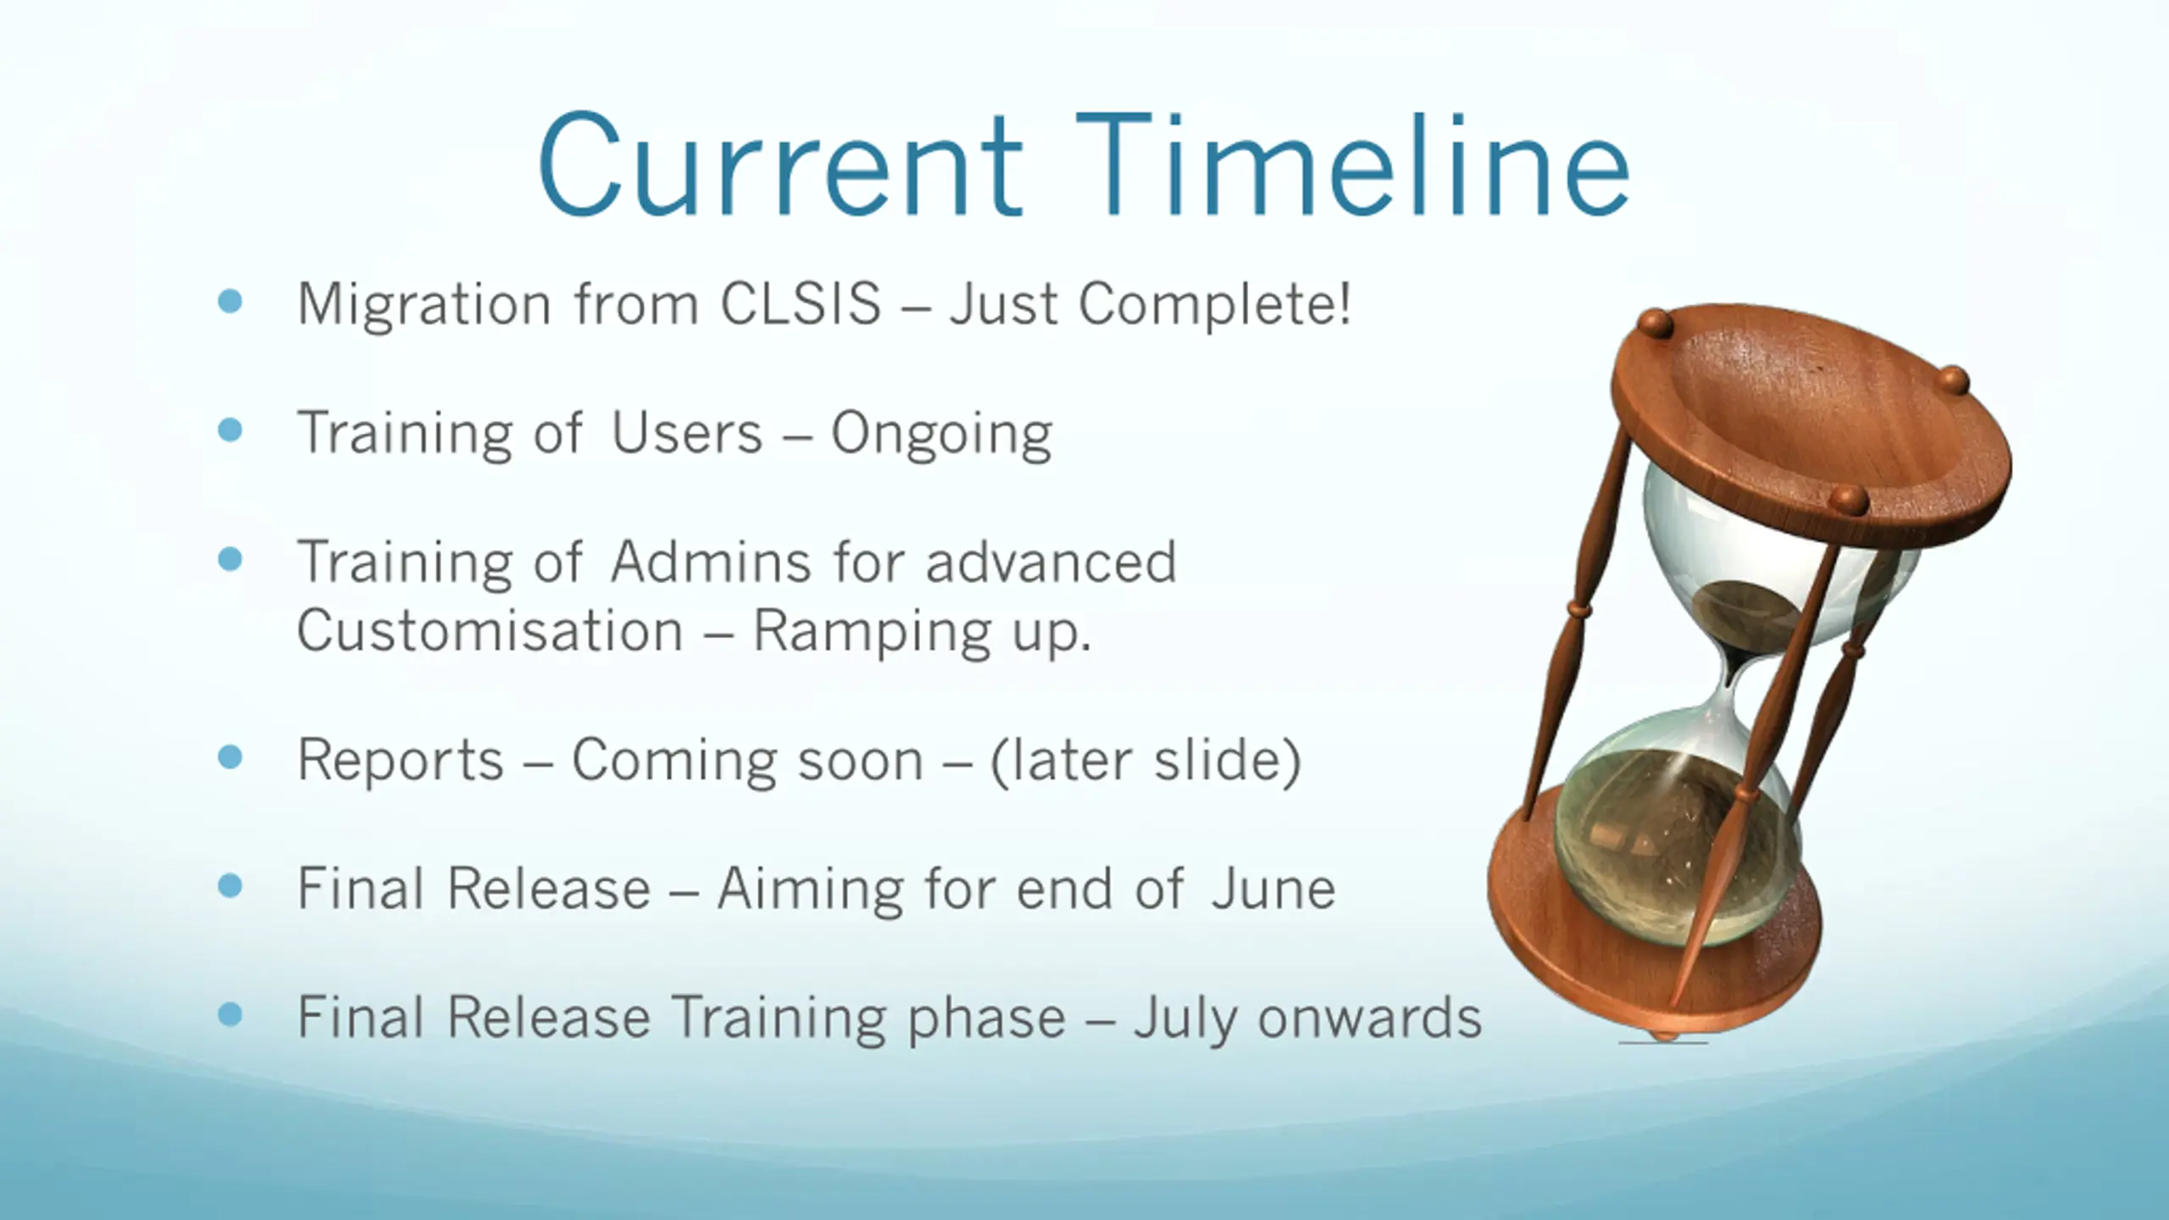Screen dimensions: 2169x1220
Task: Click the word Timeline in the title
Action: [1353, 165]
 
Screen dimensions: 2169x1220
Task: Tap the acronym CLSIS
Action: [801, 303]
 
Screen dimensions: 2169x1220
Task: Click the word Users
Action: [687, 433]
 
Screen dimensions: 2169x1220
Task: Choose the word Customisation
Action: [490, 630]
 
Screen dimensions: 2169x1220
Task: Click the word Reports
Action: [401, 759]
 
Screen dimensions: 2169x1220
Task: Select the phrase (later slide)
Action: [1146, 760]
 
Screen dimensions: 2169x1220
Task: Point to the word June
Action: [1273, 888]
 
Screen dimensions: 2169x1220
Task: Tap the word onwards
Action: [1370, 1017]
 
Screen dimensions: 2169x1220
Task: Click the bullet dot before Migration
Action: [230, 301]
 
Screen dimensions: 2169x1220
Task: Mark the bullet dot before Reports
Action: [230, 757]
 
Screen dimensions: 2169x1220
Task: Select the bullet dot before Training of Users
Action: [230, 430]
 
